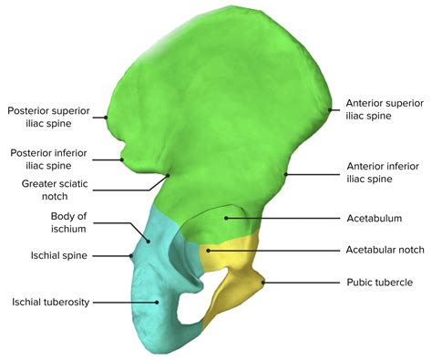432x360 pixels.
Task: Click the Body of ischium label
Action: [69, 222]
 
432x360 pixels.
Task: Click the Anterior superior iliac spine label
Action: [384, 110]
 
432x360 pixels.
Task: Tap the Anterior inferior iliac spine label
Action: [384, 173]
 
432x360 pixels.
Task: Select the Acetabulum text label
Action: [375, 219]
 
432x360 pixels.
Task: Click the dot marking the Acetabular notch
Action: [208, 250]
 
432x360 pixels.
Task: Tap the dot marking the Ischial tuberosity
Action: [157, 302]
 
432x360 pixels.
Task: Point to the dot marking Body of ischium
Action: [150, 241]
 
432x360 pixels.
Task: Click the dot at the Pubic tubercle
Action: [263, 283]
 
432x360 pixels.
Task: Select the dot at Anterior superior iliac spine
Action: [330, 110]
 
